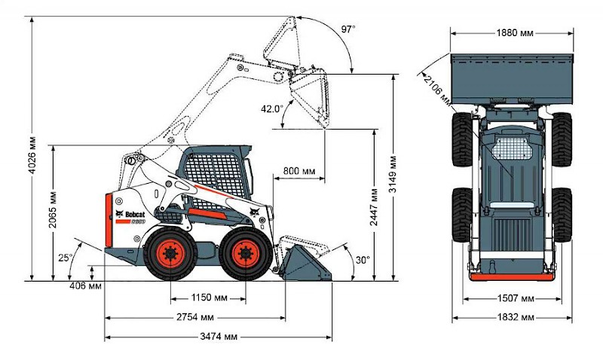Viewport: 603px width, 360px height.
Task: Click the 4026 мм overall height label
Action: pos(32,155)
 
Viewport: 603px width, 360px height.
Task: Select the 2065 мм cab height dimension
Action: pos(52,210)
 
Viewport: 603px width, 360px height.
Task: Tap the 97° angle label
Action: pos(348,29)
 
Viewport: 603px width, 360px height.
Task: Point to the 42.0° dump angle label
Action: pos(271,109)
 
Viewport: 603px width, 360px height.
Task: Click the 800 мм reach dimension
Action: pos(298,171)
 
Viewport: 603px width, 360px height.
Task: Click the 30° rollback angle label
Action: pos(363,260)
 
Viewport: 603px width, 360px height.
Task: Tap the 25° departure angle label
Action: pos(66,258)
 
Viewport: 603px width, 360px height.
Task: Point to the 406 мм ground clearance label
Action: pos(86,286)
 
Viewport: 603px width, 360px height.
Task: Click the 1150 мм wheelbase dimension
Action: pos(210,297)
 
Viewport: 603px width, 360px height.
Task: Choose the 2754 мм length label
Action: pos(195,317)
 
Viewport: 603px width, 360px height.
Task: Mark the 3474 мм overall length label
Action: pos(219,337)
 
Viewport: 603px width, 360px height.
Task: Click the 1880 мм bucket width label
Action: pos(515,33)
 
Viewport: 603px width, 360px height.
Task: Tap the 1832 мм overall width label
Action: pos(516,317)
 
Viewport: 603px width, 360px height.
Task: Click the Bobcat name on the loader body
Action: pos(135,214)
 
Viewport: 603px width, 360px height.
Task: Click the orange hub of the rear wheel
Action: pos(170,253)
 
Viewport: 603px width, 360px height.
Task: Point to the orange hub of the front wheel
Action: pos(245,253)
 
